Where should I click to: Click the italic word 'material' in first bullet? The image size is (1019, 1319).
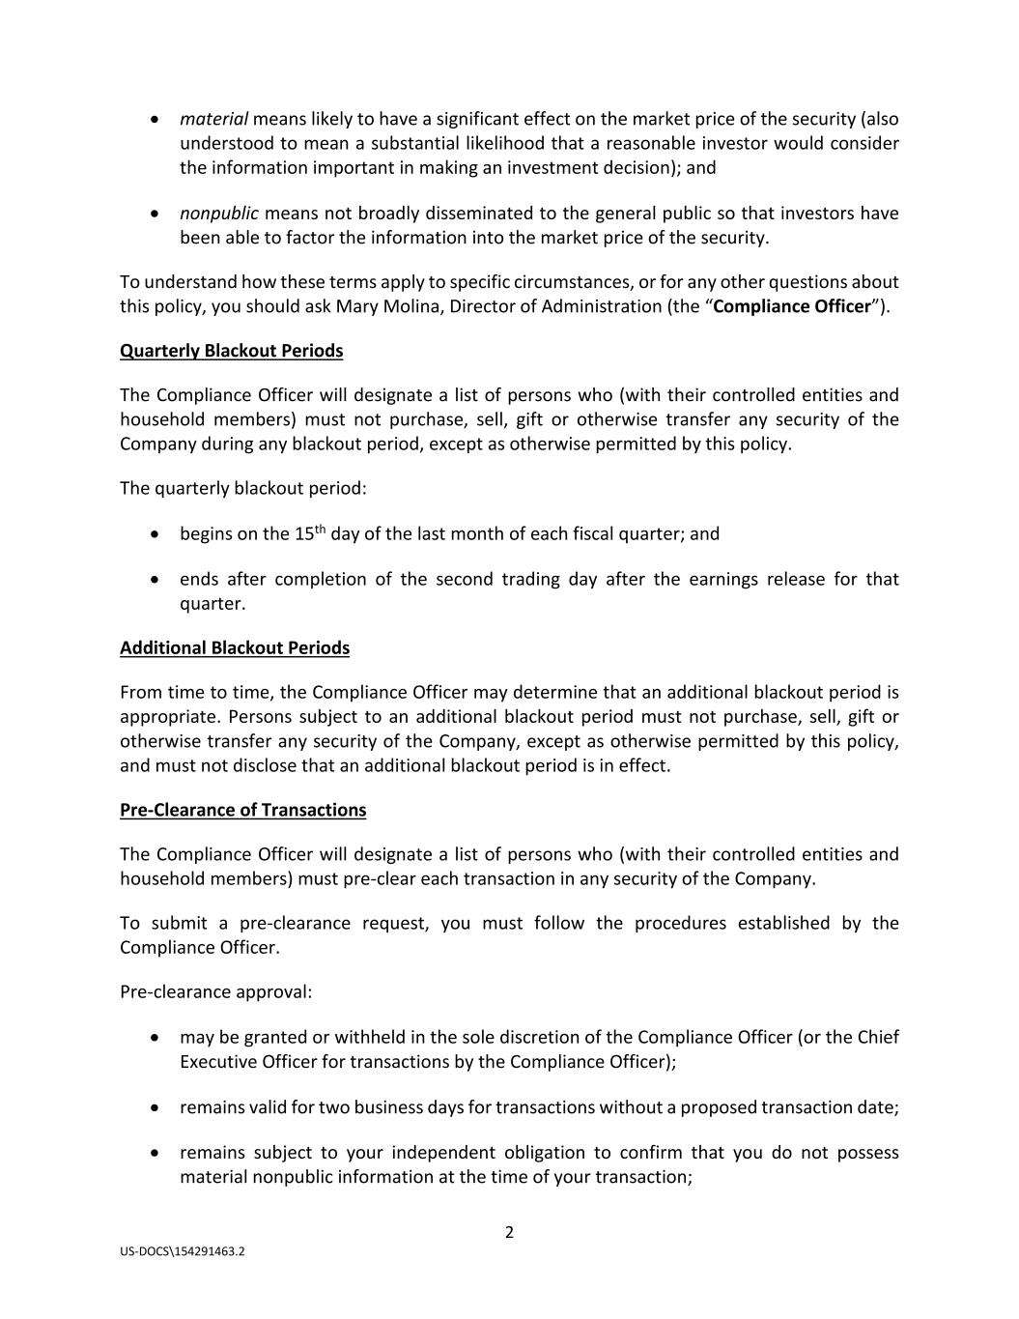pos(213,119)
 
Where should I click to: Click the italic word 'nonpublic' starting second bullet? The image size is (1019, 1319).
pos(218,213)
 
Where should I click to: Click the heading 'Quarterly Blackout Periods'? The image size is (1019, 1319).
pos(231,351)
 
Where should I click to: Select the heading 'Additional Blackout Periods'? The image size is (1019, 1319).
pos(235,647)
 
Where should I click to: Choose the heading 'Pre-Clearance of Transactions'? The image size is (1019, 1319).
pos(242,810)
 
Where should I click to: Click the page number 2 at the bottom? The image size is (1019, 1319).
pos(509,1232)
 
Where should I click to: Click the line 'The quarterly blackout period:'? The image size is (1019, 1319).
pos(243,488)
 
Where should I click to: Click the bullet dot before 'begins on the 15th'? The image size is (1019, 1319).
pos(156,534)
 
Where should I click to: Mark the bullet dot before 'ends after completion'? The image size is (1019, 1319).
pos(156,580)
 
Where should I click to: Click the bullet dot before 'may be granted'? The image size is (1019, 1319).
pos(156,1038)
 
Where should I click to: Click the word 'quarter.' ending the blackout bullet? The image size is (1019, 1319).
pos(212,604)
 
